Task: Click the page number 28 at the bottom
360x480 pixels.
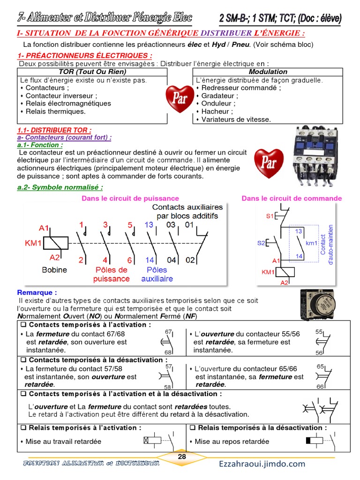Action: [182, 457]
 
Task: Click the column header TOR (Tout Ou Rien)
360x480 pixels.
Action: [92, 72]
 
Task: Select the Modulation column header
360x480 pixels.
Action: [268, 72]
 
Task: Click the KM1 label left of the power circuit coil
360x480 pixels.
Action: [33, 243]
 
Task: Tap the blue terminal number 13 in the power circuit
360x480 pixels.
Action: [149, 225]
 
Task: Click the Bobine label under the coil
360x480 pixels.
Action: [54, 270]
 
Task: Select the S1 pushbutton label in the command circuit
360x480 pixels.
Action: [270, 216]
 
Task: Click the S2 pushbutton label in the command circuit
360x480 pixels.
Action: [262, 243]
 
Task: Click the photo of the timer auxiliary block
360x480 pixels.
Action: [318, 304]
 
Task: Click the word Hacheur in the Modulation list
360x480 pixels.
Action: [215, 112]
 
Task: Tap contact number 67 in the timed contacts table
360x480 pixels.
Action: [168, 332]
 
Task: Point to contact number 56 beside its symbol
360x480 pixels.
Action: [319, 353]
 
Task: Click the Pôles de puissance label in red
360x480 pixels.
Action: [112, 274]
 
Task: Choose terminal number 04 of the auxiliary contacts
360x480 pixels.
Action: [172, 260]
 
